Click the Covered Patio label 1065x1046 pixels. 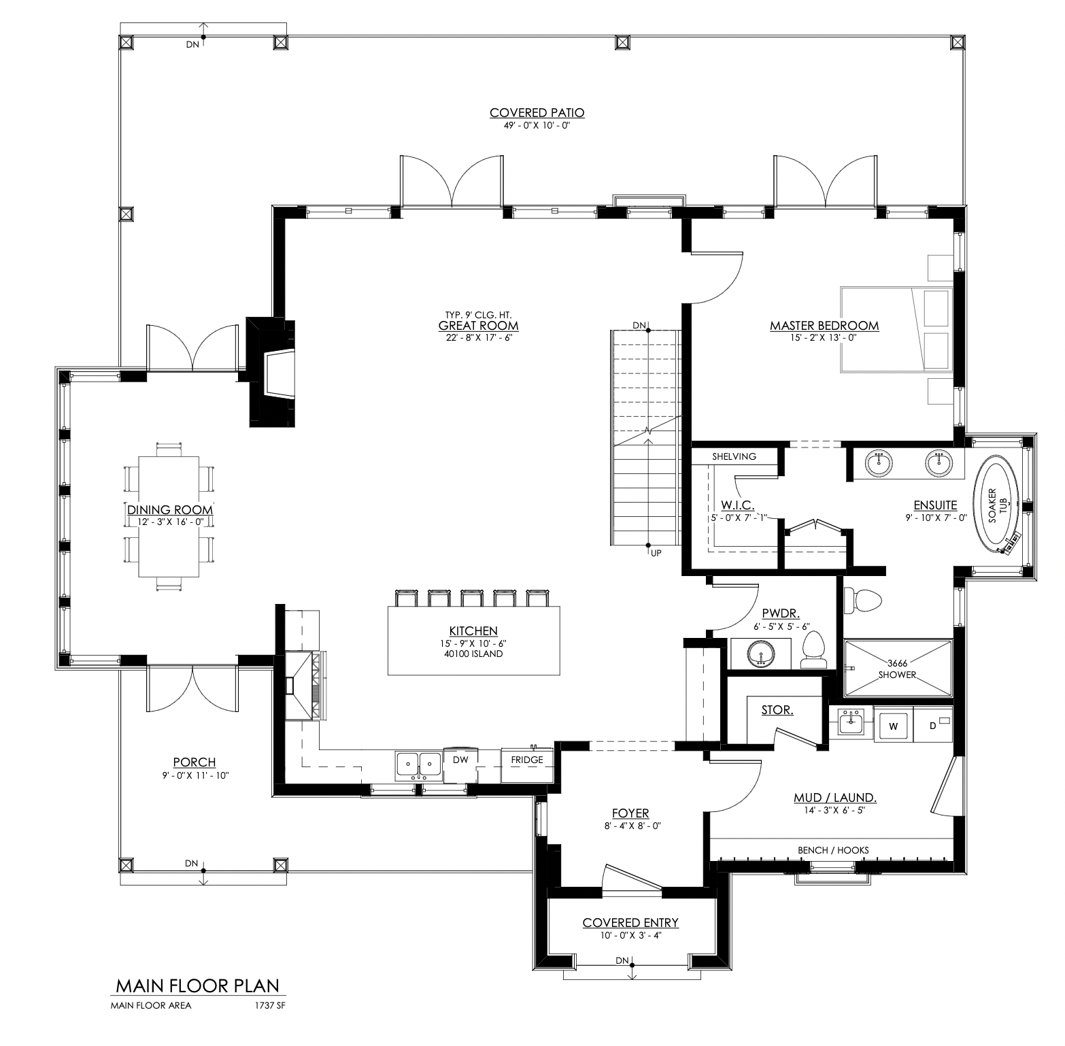(537, 113)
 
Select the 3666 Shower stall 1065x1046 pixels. (898, 669)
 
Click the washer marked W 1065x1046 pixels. (894, 726)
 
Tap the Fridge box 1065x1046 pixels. (527, 765)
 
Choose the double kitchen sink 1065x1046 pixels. (418, 765)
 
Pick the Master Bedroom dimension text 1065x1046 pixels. (824, 337)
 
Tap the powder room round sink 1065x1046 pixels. (760, 655)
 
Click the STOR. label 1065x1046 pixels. (777, 710)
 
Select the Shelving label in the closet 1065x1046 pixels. (734, 456)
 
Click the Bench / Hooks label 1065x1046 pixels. (834, 850)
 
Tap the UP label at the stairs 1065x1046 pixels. (656, 554)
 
